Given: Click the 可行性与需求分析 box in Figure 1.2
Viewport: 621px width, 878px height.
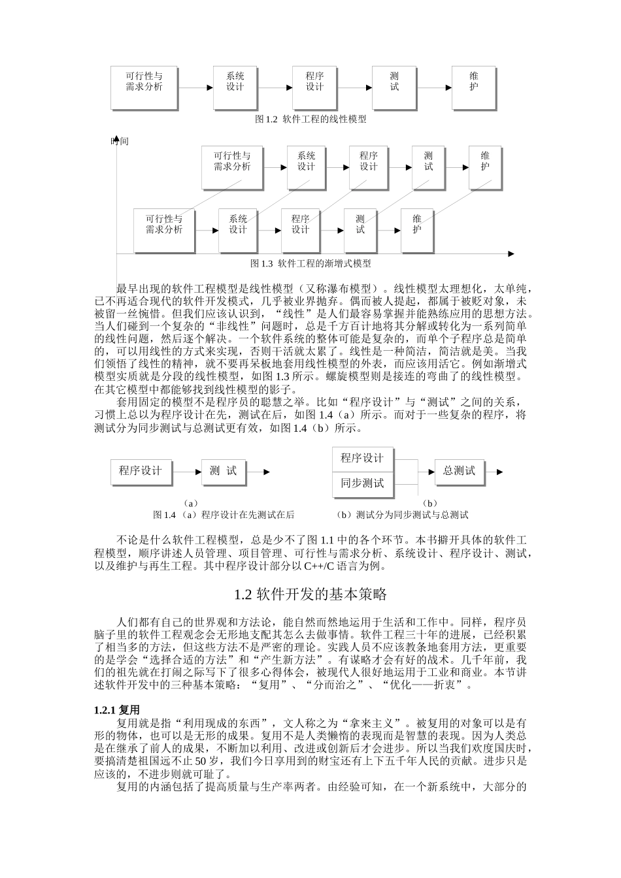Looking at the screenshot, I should (144, 87).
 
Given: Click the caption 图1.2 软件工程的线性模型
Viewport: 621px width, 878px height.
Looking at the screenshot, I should (310, 120).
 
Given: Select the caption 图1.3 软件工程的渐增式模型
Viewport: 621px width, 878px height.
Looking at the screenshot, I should (310, 264).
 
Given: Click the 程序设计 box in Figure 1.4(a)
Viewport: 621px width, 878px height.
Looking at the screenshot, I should (141, 471).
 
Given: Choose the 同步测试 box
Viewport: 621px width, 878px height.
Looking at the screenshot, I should (363, 484).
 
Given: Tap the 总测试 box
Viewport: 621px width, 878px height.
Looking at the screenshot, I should (460, 471).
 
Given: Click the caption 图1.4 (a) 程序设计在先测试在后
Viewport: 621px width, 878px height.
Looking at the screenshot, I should (224, 515).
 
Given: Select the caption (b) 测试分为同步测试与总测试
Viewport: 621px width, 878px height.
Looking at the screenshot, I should (403, 515).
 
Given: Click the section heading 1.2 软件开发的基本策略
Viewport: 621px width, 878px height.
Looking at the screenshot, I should (310, 594).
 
